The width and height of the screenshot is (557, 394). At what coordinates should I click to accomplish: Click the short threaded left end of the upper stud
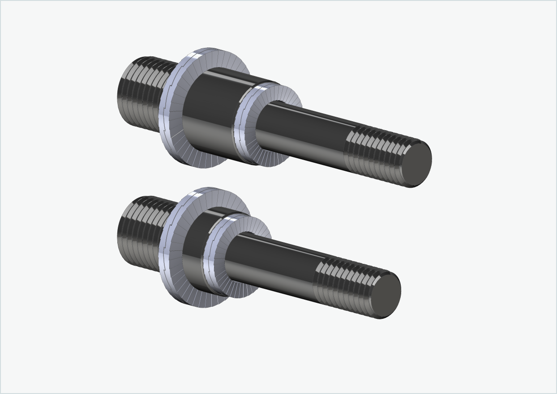coord(139,92)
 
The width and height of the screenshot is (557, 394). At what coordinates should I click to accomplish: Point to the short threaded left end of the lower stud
coord(139,231)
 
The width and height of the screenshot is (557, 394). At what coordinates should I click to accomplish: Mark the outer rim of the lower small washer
coord(208,259)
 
